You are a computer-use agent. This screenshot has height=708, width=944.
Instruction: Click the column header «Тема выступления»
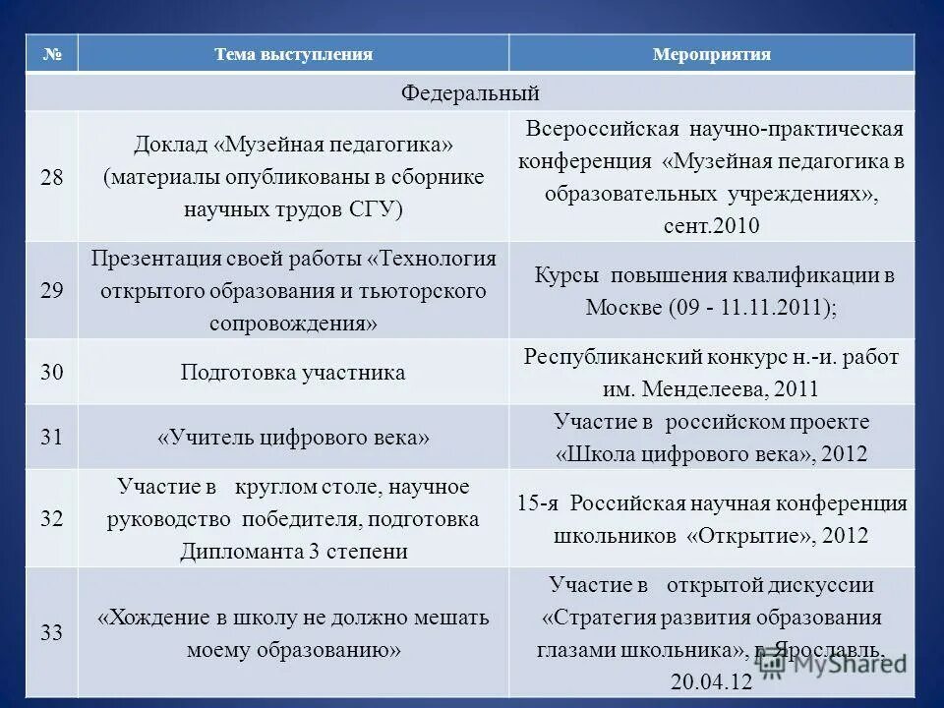293,54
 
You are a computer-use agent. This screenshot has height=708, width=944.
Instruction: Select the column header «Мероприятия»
711,54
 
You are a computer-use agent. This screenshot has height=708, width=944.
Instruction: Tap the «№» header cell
51,54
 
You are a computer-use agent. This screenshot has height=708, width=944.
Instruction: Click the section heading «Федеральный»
470,93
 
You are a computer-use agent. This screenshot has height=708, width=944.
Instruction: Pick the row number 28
51,177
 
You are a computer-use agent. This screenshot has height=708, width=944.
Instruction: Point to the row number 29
51,290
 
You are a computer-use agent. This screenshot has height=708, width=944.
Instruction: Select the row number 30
51,373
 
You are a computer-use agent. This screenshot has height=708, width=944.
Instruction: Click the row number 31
51,438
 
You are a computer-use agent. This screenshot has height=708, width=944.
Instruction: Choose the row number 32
51,518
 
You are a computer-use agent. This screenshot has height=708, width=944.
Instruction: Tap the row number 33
51,632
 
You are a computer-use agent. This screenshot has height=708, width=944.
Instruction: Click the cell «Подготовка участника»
293,373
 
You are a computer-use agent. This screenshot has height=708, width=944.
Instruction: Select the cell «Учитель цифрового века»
293,438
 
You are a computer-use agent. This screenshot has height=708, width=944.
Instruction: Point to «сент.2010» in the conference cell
711,225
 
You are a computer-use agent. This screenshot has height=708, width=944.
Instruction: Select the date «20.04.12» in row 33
711,681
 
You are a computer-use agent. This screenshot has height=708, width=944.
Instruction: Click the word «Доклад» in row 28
172,145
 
